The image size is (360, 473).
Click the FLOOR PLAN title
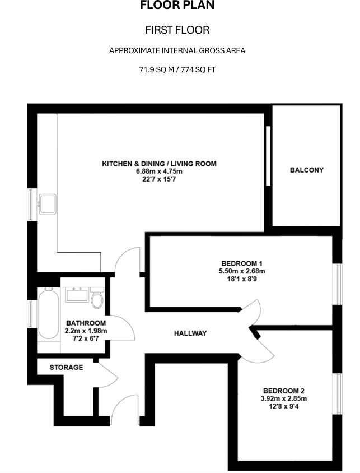[177, 6]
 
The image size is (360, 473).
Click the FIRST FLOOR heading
[177, 30]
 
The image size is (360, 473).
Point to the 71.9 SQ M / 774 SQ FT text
[177, 70]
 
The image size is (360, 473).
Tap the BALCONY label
[306, 170]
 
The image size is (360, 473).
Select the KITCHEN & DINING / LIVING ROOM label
[159, 164]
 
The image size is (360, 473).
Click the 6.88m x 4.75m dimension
[159, 171]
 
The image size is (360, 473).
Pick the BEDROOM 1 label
[242, 263]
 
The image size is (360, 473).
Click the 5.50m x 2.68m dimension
[242, 271]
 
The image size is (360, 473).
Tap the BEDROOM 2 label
[284, 391]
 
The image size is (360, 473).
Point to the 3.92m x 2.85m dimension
[284, 398]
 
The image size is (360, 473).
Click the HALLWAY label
[190, 333]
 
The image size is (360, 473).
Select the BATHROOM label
[86, 323]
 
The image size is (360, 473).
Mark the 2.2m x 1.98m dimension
[86, 331]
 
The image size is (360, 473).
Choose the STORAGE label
[66, 368]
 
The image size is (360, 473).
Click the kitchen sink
[47, 202]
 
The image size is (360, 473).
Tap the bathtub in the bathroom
[48, 313]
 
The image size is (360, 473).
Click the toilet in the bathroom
[98, 299]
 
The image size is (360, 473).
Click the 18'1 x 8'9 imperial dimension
[242, 279]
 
